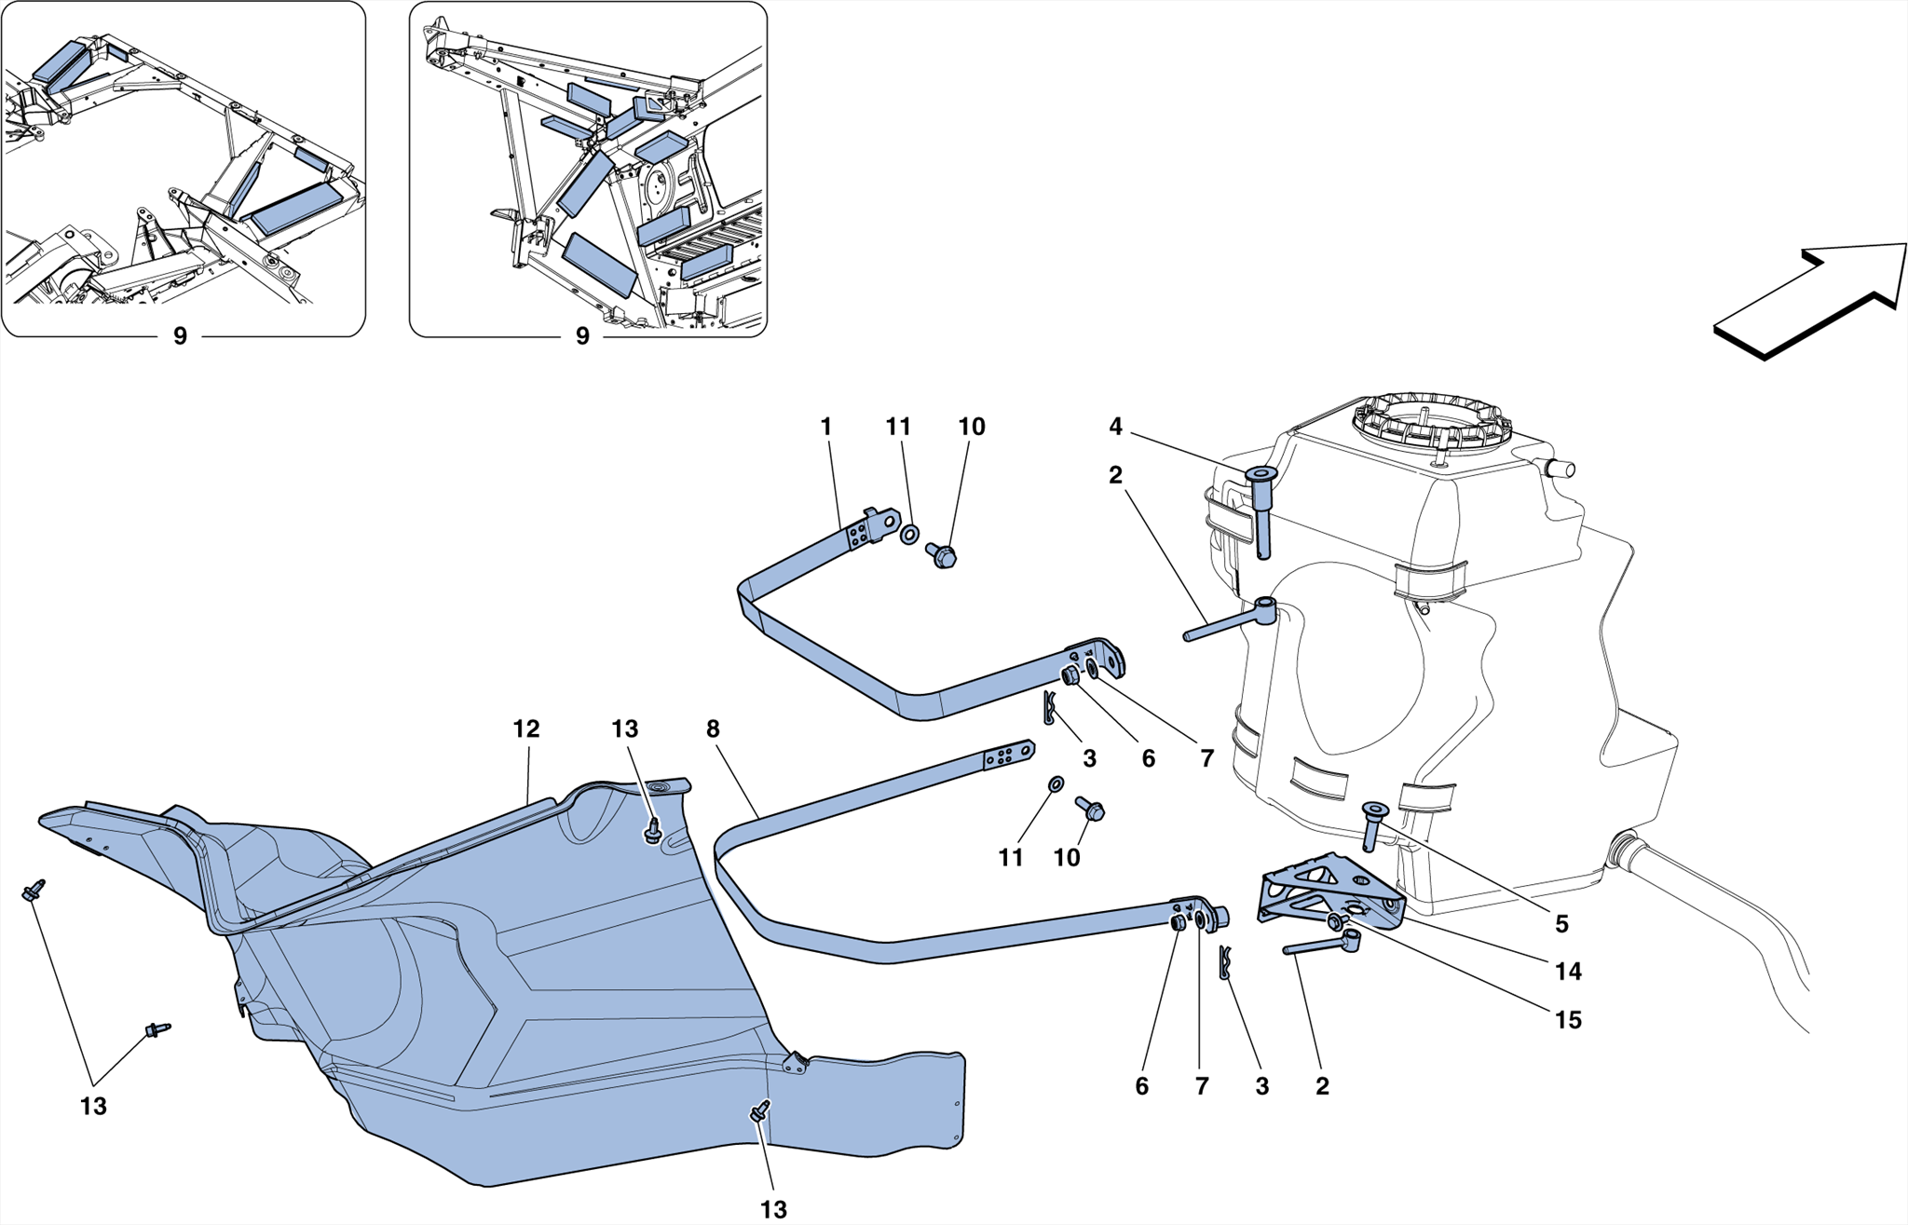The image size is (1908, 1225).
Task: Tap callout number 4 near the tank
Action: point(1115,427)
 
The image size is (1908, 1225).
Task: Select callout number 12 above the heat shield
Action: point(526,728)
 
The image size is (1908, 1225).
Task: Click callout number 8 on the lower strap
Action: point(713,728)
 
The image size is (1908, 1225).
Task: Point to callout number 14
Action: point(1568,971)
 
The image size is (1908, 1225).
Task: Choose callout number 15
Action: point(1568,1019)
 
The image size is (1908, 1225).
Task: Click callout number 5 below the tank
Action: point(1561,923)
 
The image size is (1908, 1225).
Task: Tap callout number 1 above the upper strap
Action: point(825,427)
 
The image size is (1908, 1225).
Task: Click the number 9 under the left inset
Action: point(180,336)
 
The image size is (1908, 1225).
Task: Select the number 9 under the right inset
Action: point(582,336)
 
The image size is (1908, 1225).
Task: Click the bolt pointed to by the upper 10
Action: point(943,556)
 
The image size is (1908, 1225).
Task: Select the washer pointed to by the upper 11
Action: point(909,534)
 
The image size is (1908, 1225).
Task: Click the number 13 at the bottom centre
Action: point(773,1209)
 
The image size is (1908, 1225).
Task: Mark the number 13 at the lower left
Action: point(93,1106)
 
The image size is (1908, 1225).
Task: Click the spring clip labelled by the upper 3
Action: point(1049,710)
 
